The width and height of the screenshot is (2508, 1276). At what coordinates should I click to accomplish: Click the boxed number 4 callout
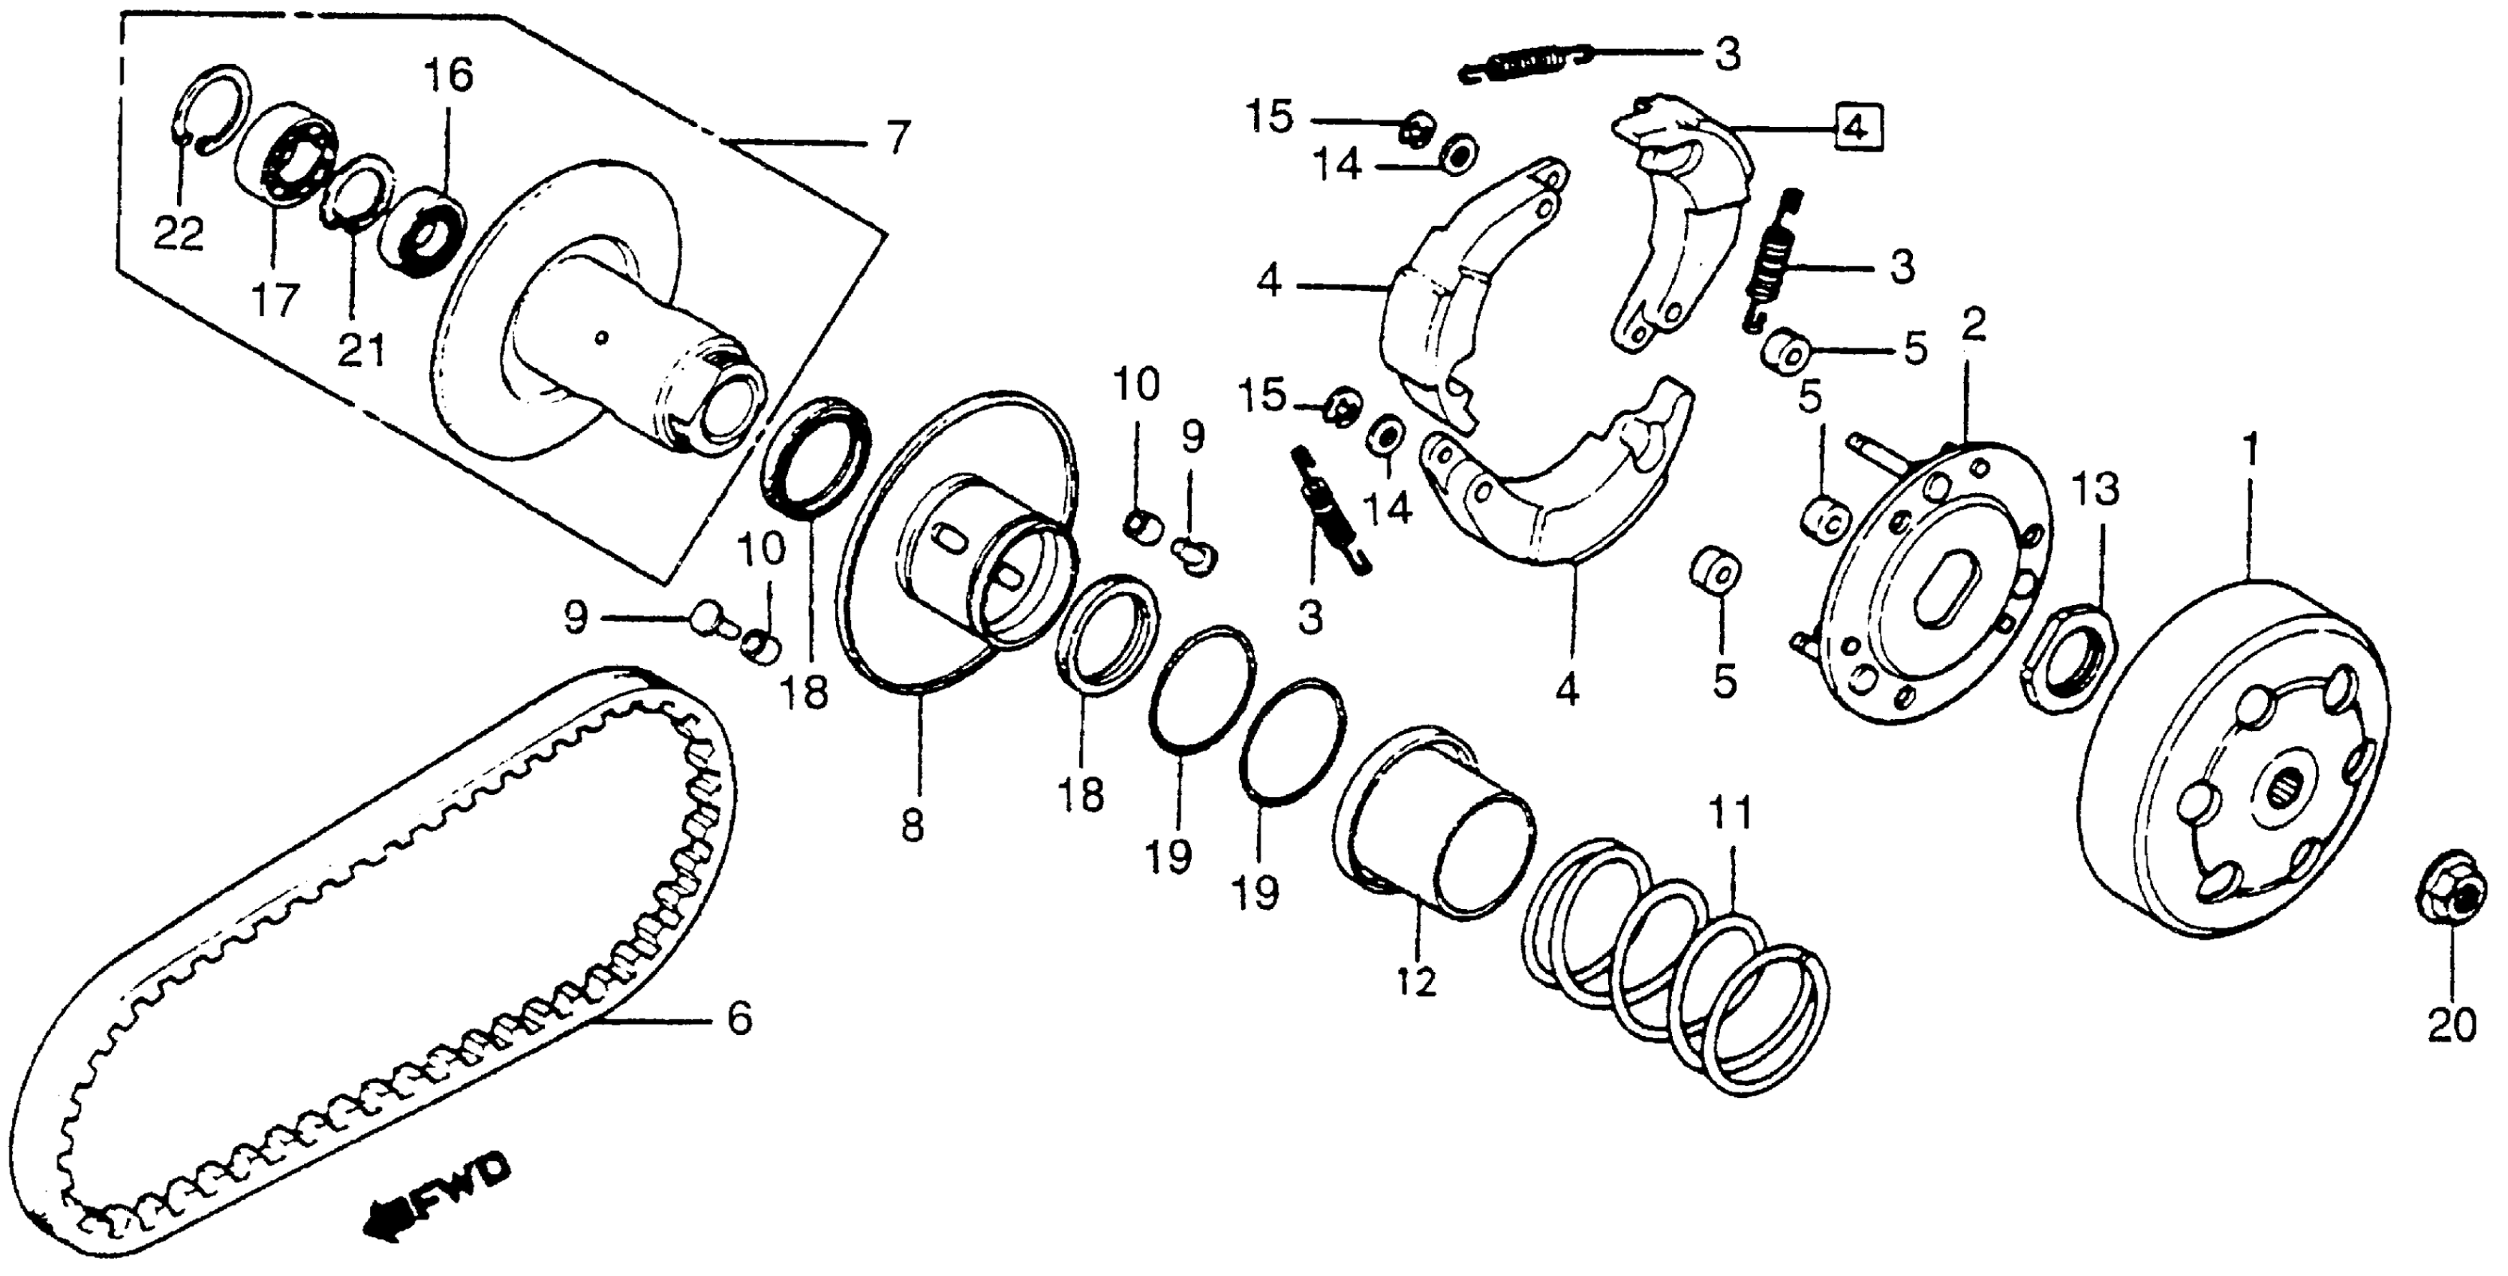tap(1857, 128)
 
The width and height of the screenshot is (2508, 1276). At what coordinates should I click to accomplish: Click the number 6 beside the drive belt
tap(739, 1020)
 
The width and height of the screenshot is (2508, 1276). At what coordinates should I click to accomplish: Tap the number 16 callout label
tap(448, 75)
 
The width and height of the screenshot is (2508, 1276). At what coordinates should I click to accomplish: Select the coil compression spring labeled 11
tap(1672, 974)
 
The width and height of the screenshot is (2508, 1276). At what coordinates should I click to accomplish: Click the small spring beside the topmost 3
tap(1526, 62)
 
